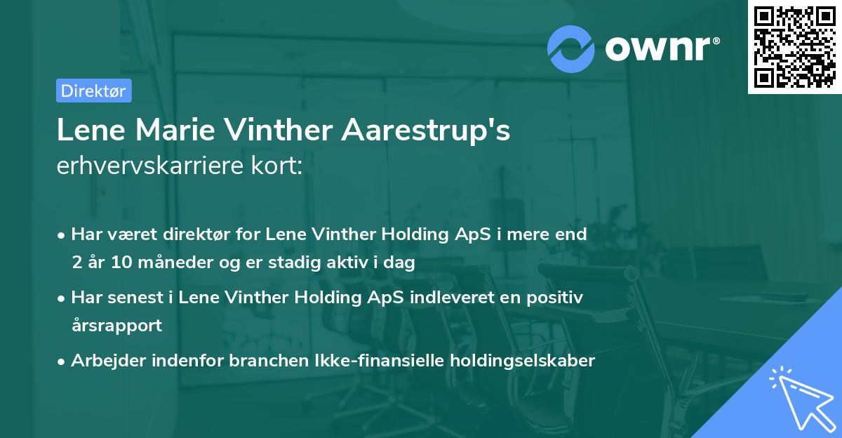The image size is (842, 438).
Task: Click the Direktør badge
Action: pos(93,91)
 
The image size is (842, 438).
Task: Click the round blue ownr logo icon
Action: pos(571,49)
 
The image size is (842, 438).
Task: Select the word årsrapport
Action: pos(116,326)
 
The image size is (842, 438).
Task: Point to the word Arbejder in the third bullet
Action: pos(104,361)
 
